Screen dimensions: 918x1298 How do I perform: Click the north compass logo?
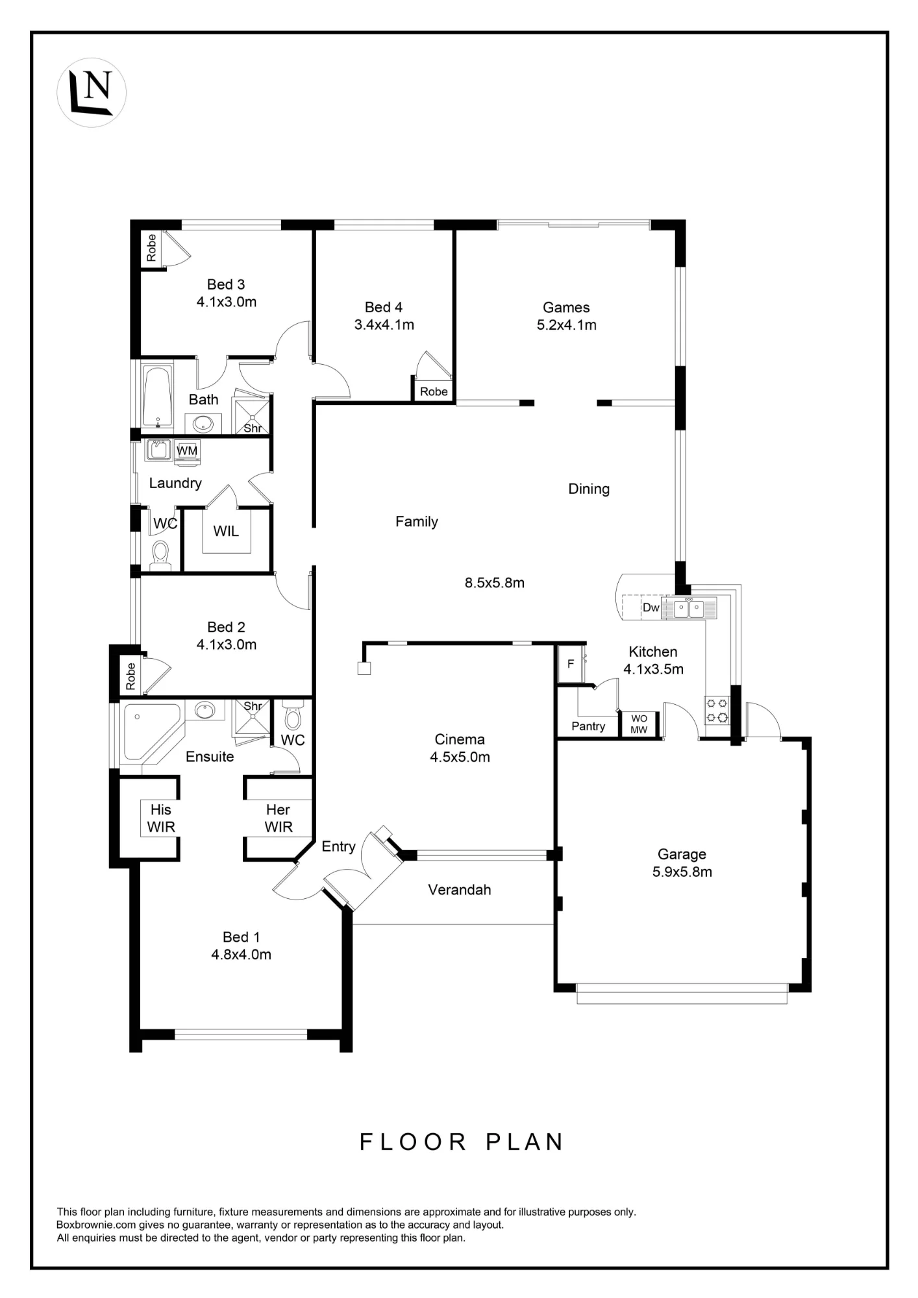pyautogui.click(x=92, y=93)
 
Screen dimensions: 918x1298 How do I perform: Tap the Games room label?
pyautogui.click(x=566, y=308)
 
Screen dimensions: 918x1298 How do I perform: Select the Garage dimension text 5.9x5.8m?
pyautogui.click(x=682, y=872)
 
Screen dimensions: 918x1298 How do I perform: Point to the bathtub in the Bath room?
pyautogui.click(x=158, y=397)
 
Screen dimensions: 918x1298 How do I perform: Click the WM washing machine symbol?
pyautogui.click(x=187, y=450)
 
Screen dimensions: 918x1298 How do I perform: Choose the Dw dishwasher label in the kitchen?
pyautogui.click(x=651, y=607)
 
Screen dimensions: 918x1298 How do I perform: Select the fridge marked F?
pyautogui.click(x=571, y=664)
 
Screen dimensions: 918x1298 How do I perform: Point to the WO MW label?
pyautogui.click(x=639, y=724)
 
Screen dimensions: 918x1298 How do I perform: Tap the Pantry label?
pyautogui.click(x=588, y=726)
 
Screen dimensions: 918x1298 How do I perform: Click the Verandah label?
pyautogui.click(x=460, y=890)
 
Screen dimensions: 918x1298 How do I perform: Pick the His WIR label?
pyautogui.click(x=161, y=818)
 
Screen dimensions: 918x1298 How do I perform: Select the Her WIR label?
pyautogui.click(x=279, y=818)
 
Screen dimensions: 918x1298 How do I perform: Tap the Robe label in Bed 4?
pyautogui.click(x=434, y=391)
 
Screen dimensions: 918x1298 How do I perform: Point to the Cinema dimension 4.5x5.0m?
pyautogui.click(x=460, y=757)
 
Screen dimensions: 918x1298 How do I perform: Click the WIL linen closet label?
pyautogui.click(x=226, y=531)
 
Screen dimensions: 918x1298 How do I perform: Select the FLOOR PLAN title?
pyautogui.click(x=462, y=1142)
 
